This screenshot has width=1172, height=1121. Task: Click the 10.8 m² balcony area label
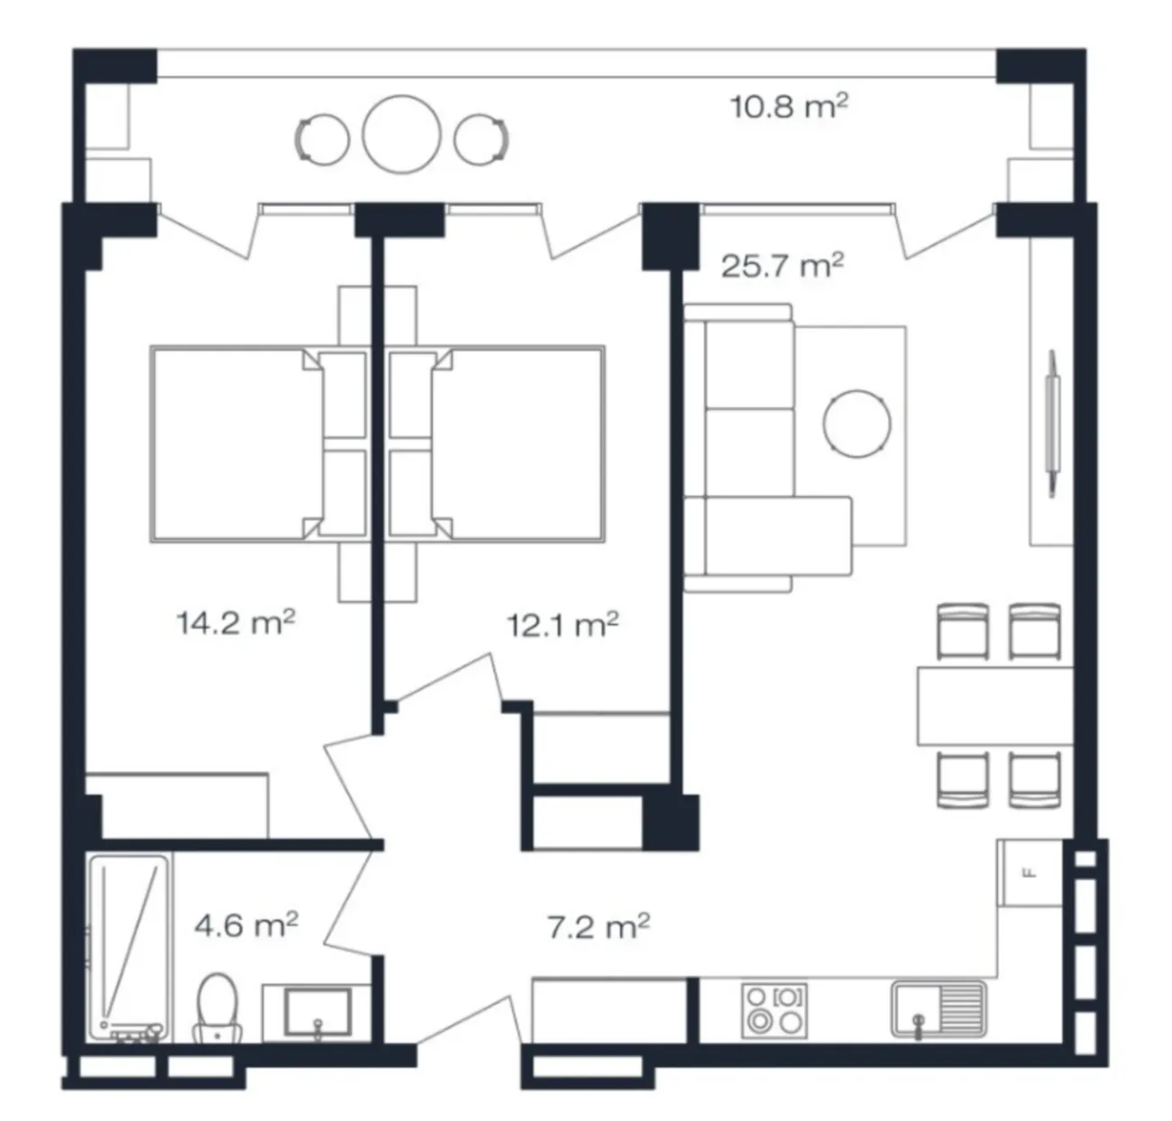[789, 107]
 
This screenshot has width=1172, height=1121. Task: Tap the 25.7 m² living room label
[783, 265]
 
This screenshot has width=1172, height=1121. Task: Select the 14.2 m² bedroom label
[235, 622]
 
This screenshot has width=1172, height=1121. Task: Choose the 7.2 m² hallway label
[599, 926]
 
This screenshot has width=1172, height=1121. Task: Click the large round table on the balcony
[401, 135]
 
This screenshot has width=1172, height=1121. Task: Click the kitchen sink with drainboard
[939, 1009]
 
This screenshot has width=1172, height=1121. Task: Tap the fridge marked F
[1030, 873]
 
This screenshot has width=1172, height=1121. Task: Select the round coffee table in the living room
[857, 424]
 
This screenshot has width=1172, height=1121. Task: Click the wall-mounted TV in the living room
[1052, 424]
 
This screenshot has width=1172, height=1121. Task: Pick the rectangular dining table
[995, 706]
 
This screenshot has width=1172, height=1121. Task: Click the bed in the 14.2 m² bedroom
[259, 445]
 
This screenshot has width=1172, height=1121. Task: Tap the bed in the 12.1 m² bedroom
[496, 445]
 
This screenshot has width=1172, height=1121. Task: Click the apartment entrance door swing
[469, 1024]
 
